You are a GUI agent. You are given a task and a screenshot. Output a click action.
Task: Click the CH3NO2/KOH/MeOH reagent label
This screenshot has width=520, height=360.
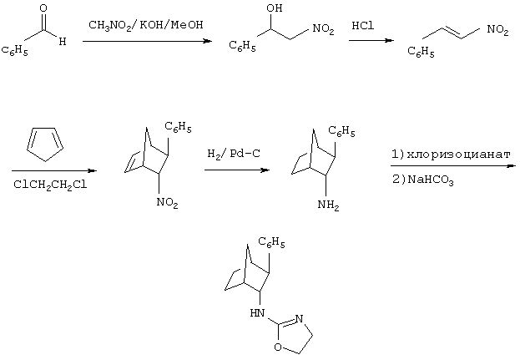[x=146, y=25]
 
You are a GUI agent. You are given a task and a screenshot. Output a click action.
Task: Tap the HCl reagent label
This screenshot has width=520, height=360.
[x=363, y=26]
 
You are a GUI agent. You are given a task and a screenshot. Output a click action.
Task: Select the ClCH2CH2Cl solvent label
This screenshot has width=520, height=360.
[x=50, y=185]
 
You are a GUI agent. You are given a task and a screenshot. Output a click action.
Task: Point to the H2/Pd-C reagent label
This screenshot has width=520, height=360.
[x=234, y=154]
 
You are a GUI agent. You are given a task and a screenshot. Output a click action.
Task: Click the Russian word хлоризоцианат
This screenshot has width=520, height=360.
[x=458, y=155]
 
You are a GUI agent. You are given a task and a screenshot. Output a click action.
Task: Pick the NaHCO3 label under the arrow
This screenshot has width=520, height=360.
[x=431, y=180]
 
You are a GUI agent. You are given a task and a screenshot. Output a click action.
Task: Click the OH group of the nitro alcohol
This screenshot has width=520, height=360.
[x=275, y=8]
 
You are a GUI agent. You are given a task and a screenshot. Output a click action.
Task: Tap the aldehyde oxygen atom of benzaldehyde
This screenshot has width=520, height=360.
[x=43, y=8]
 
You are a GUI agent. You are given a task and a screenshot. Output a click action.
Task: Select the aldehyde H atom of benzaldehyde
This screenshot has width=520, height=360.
[x=63, y=42]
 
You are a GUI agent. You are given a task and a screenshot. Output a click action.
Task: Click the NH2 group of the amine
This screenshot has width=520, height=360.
[x=328, y=205]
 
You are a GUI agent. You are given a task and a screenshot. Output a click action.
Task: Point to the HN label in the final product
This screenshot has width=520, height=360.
[x=257, y=313]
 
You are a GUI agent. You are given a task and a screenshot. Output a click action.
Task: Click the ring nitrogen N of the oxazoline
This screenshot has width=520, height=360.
[x=299, y=319]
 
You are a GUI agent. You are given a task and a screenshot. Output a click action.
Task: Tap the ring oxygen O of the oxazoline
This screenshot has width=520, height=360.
[x=278, y=347]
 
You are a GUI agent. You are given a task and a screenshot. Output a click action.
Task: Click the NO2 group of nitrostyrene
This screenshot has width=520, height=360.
[x=497, y=30]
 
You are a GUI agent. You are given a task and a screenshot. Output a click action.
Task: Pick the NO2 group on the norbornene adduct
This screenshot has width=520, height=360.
[x=167, y=203]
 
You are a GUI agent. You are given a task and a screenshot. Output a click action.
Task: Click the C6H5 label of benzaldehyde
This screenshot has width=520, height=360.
[x=14, y=51]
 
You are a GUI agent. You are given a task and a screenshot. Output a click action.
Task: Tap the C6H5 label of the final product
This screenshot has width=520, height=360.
[x=271, y=242]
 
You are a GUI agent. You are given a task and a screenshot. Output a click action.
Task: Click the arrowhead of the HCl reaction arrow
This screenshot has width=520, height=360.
[x=390, y=40]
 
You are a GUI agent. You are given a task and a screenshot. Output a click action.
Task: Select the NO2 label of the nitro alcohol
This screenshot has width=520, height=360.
[x=323, y=29]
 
